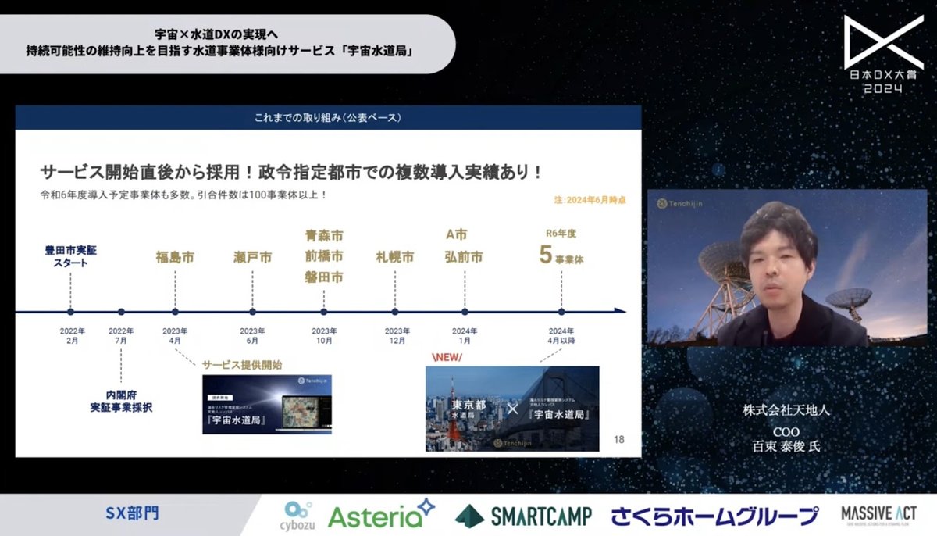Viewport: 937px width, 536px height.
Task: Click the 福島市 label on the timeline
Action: [174, 257]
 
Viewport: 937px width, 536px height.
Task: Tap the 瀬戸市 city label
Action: [252, 257]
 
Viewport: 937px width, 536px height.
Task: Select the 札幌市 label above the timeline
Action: [394, 257]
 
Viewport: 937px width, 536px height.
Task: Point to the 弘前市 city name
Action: [464, 257]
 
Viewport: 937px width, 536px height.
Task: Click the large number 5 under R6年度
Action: [546, 255]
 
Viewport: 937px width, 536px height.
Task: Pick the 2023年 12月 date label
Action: [397, 336]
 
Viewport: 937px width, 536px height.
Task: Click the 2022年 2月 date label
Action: [72, 336]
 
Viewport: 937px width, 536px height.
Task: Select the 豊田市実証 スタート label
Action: [70, 256]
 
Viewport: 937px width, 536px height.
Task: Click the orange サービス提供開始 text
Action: [242, 365]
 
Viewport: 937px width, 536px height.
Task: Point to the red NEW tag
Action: [447, 357]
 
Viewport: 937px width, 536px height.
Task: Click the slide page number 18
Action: [619, 440]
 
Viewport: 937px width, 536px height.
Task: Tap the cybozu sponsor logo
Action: [299, 516]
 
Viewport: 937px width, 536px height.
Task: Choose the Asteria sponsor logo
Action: [381, 514]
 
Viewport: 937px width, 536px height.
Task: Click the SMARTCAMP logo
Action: [523, 516]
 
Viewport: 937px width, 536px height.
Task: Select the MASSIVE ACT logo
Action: [878, 515]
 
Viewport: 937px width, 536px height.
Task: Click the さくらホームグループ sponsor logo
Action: [714, 516]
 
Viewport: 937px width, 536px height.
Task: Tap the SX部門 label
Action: [132, 514]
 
